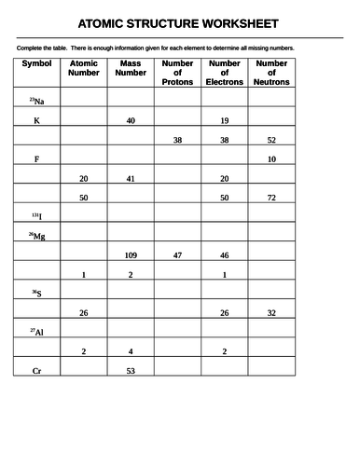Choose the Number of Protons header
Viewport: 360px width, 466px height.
(177, 72)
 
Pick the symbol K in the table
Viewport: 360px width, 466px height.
(36, 121)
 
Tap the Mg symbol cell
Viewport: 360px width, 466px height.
(37, 236)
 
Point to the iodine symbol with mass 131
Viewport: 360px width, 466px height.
(36, 216)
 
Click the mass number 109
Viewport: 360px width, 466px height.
(130, 254)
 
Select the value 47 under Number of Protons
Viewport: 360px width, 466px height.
(177, 254)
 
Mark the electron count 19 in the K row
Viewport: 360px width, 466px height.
(224, 121)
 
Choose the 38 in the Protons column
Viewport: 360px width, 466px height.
(177, 140)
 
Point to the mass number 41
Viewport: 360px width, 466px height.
(130, 178)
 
